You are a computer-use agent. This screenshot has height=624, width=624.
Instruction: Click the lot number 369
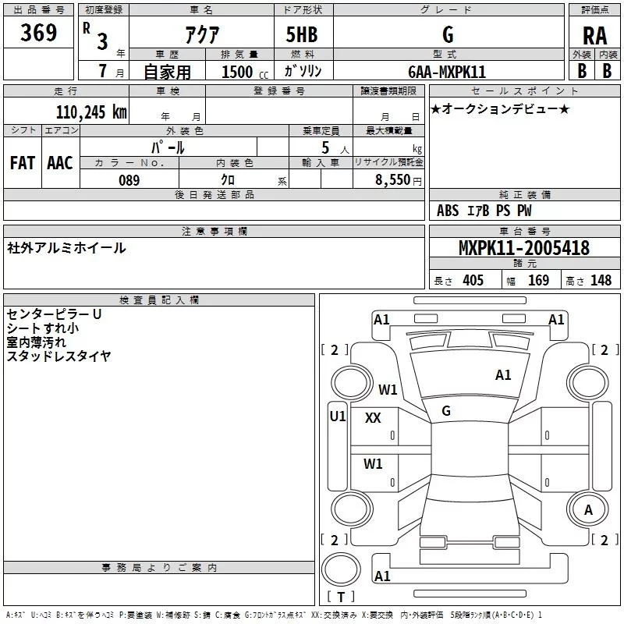(38, 32)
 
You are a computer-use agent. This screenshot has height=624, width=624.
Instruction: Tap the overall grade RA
(594, 36)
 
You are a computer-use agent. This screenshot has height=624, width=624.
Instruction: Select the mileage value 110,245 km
(91, 112)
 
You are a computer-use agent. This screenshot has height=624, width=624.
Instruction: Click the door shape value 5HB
(302, 34)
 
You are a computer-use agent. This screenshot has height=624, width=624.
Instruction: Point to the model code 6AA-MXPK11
(447, 72)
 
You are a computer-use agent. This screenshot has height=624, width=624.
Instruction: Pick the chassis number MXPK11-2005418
(524, 248)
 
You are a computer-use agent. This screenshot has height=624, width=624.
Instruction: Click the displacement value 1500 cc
(245, 72)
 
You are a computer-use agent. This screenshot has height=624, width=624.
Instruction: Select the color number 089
(129, 180)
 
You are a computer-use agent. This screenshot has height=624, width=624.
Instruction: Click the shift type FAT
(23, 163)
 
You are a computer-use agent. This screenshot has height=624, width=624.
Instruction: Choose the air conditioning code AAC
(60, 163)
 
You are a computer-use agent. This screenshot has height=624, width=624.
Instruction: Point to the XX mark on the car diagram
(373, 418)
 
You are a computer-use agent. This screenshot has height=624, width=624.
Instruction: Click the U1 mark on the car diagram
(338, 417)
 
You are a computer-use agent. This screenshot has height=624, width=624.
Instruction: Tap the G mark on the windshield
(446, 411)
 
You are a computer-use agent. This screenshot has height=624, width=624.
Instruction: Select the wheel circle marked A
(588, 510)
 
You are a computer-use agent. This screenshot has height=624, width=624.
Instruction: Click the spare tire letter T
(341, 597)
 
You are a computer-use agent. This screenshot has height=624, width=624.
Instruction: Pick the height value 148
(601, 280)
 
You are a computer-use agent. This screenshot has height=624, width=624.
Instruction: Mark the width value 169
(538, 280)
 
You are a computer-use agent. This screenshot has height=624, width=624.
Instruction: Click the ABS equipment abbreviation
(448, 211)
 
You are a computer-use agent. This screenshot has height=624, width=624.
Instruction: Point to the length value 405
(473, 280)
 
